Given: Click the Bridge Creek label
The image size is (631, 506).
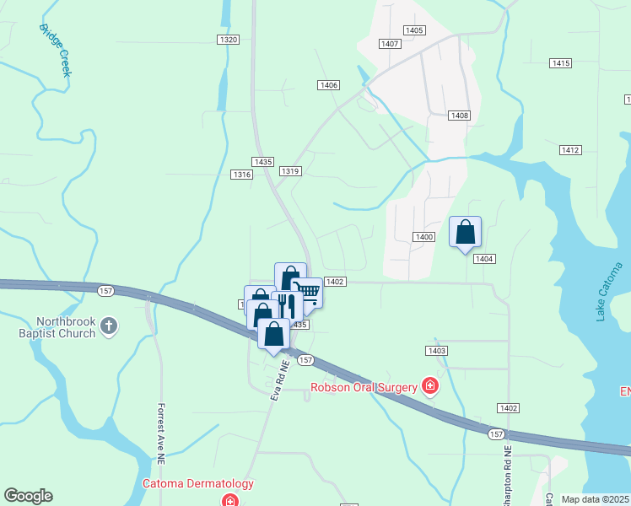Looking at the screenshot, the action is click(56, 50).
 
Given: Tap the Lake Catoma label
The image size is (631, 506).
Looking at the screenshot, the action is click(612, 292).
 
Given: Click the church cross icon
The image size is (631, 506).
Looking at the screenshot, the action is click(108, 326).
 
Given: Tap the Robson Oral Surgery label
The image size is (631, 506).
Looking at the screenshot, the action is click(364, 387).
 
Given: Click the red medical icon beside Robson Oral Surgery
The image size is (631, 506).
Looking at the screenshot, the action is click(430, 386).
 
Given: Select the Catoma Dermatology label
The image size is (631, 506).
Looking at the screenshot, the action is click(197, 483).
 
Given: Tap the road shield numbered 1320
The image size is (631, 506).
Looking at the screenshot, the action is click(228, 40).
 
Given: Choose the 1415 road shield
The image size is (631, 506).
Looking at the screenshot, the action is click(561, 63).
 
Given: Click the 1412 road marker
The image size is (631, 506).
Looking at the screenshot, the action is click(569, 150).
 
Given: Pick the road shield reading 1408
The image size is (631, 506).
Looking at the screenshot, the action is click(459, 116).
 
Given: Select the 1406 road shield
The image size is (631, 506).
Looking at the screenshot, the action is click(329, 85).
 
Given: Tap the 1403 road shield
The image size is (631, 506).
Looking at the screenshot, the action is click(436, 350).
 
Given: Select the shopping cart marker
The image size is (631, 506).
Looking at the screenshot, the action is click(309, 293).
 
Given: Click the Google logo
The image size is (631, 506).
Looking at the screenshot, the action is click(28, 496).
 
